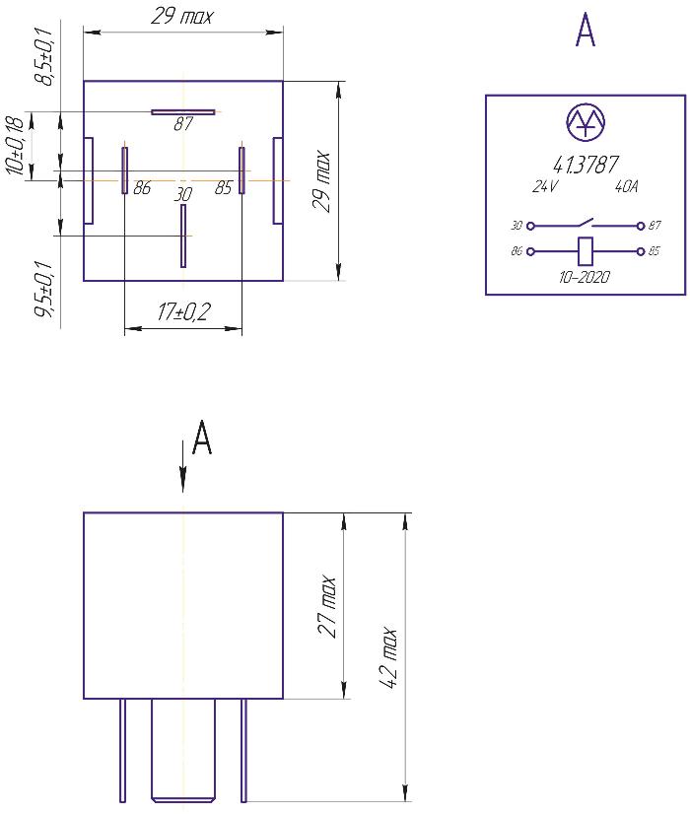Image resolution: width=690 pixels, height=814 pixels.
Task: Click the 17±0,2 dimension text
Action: tap(185, 314)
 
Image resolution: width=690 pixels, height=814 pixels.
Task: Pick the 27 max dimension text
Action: tap(329, 606)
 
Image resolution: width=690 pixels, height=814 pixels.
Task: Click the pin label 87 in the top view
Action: tap(183, 125)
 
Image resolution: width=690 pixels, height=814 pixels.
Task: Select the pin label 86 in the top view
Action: tap(142, 188)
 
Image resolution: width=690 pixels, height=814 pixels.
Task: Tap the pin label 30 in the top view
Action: tap(182, 195)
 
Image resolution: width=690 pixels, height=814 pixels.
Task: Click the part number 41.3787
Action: tap(586, 165)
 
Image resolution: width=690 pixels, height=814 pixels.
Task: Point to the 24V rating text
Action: tap(545, 185)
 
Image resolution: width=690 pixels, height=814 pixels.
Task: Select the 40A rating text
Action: tap(627, 185)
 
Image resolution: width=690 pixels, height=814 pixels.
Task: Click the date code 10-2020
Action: tap(585, 277)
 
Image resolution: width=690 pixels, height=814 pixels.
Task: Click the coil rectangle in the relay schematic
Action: tap(585, 250)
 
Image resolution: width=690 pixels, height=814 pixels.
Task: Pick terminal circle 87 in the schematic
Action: tap(642, 225)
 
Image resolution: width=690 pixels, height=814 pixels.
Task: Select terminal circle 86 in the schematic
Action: tap(530, 251)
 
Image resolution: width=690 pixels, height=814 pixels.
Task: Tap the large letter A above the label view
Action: tap(585, 32)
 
